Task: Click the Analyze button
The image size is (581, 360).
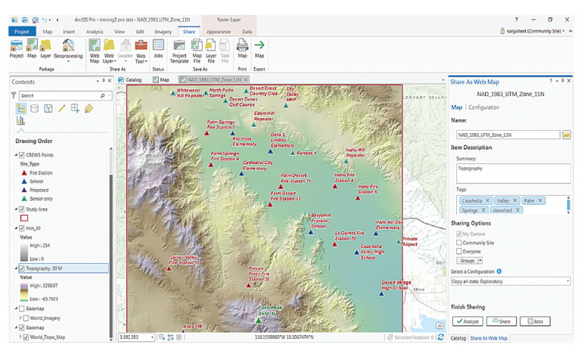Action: tap(468, 321)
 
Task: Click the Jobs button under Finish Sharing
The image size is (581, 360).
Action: tap(535, 321)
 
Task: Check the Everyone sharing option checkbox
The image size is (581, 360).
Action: tap(459, 251)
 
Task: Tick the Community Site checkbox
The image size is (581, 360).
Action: tap(459, 243)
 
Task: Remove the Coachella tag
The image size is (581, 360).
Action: tap(490, 201)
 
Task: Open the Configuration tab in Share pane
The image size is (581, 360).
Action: tap(484, 107)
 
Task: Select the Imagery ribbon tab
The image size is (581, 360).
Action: tap(163, 32)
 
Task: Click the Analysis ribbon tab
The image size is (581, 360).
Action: tap(95, 32)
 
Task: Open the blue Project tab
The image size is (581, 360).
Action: tap(21, 32)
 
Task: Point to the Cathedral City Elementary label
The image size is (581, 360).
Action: tap(258, 166)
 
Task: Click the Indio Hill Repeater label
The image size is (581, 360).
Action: tap(355, 152)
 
